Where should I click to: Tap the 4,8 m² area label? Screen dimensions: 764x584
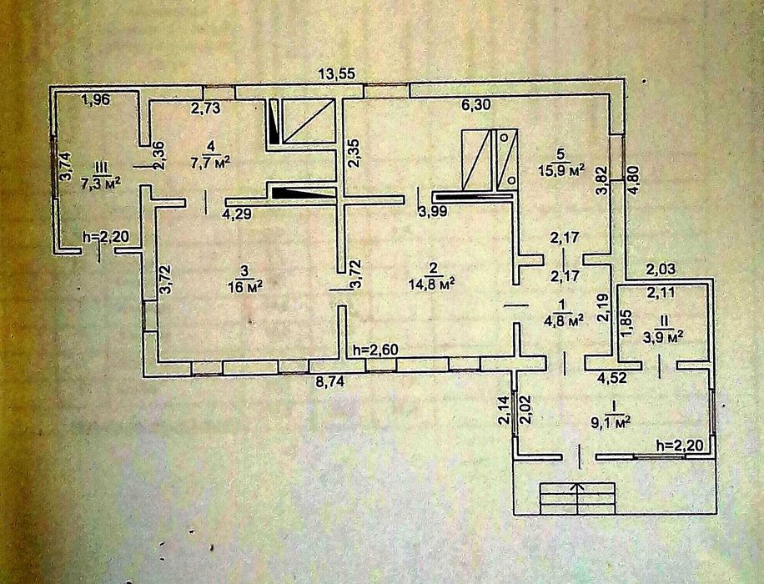(x=563, y=318)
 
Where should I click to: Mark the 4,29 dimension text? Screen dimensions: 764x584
(x=237, y=214)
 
